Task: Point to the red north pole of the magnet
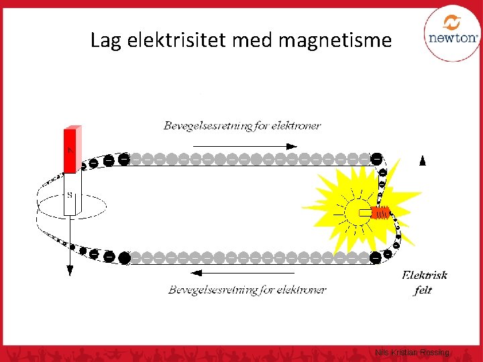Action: coord(70,150)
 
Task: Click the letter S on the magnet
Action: coord(70,195)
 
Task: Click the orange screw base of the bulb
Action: coord(380,213)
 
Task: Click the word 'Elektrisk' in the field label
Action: coord(424,276)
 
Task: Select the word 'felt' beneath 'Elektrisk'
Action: coord(423,290)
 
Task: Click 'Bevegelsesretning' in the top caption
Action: coord(205,125)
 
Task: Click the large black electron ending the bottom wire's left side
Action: coord(124,257)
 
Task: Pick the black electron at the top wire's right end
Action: coord(377,159)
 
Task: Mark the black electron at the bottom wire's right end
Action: coord(377,257)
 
